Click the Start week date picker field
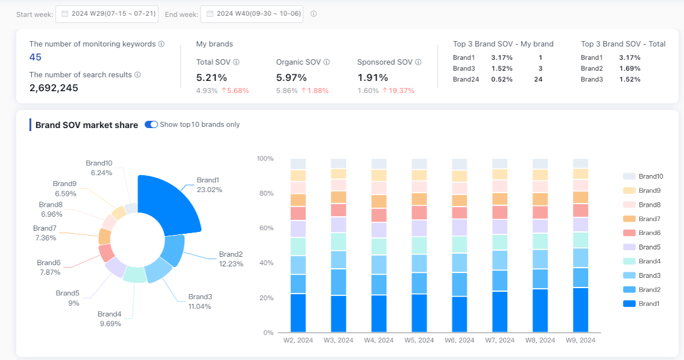tap(107, 14)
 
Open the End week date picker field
tap(252, 14)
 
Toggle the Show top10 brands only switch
tap(151, 124)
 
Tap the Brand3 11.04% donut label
tap(200, 301)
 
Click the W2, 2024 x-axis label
tap(298, 341)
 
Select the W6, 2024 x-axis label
tap(459, 341)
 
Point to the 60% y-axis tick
tap(265, 228)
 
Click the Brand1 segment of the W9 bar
tap(581, 310)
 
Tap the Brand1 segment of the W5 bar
tap(420, 313)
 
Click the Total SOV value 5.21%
tap(211, 77)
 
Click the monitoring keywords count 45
tap(36, 57)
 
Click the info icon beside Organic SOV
tap(327, 62)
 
